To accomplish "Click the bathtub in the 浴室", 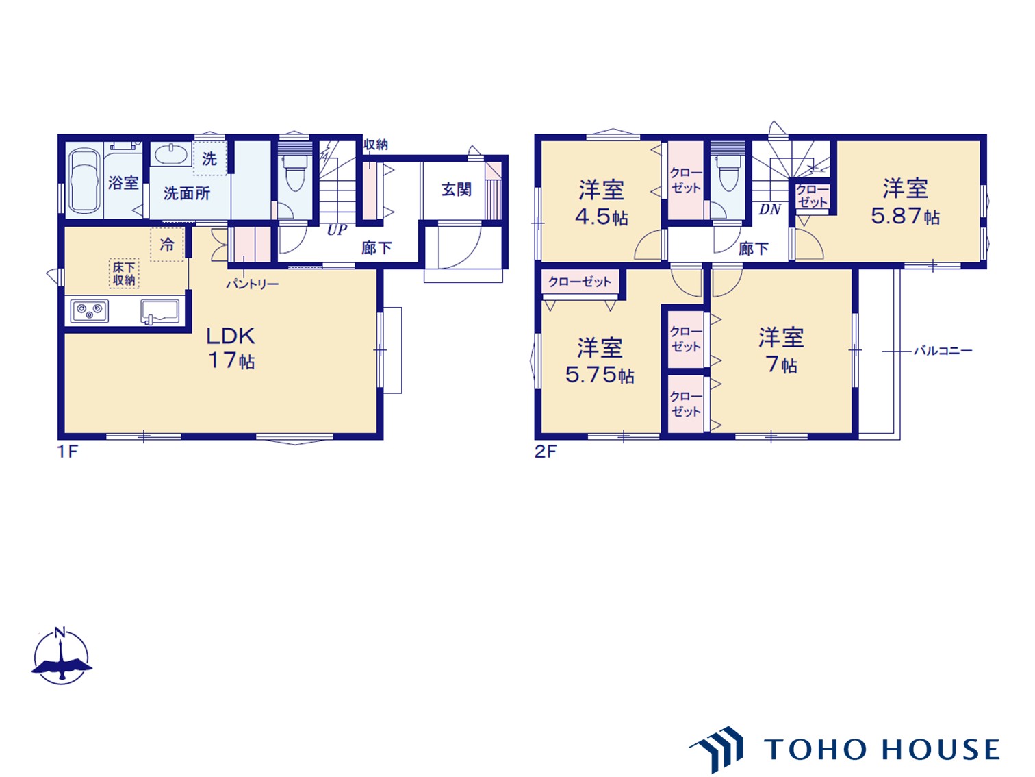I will pyautogui.click(x=86, y=182).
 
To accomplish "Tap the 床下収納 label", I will pyautogui.click(x=125, y=273).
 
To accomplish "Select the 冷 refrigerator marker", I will pyautogui.click(x=167, y=245).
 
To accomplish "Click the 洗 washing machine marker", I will pyautogui.click(x=209, y=159).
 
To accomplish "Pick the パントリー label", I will pyautogui.click(x=253, y=284).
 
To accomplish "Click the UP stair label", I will pyautogui.click(x=337, y=230).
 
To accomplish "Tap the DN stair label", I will pyautogui.click(x=769, y=210).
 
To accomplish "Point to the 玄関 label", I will pyautogui.click(x=456, y=189).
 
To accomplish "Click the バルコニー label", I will pyautogui.click(x=943, y=351).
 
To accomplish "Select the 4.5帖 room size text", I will pyautogui.click(x=602, y=217).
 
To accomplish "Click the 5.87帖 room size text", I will pyautogui.click(x=905, y=217).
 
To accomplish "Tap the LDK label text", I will pyautogui.click(x=231, y=336).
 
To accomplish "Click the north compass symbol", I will pyautogui.click(x=62, y=656).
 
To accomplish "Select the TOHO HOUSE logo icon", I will pyautogui.click(x=717, y=748).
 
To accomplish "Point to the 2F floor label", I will pyautogui.click(x=546, y=452).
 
